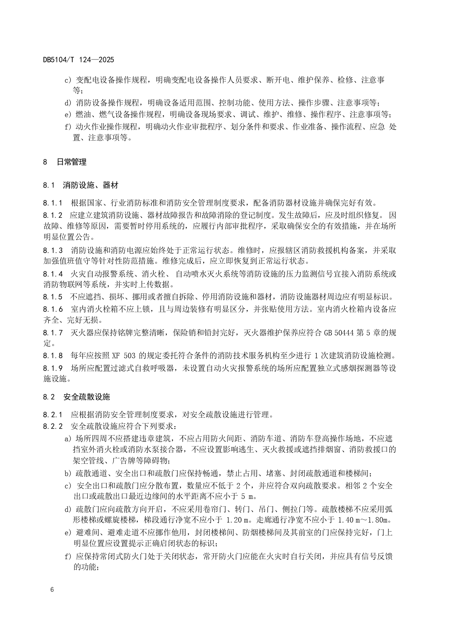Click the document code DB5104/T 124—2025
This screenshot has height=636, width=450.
pos(78,60)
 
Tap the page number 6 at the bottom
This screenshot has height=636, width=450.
pos(52,589)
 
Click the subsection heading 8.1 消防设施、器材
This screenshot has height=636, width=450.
pos(80,185)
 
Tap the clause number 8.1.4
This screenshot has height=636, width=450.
pos(53,274)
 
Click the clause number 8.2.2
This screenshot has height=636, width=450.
pos(53,426)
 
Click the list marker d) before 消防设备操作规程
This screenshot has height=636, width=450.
pos(69,103)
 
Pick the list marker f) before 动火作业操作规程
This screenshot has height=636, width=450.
pos(68,127)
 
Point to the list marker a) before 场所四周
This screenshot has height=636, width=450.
pos(68,439)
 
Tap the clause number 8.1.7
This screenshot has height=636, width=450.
pos(53,333)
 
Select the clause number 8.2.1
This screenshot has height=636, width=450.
pos(53,414)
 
